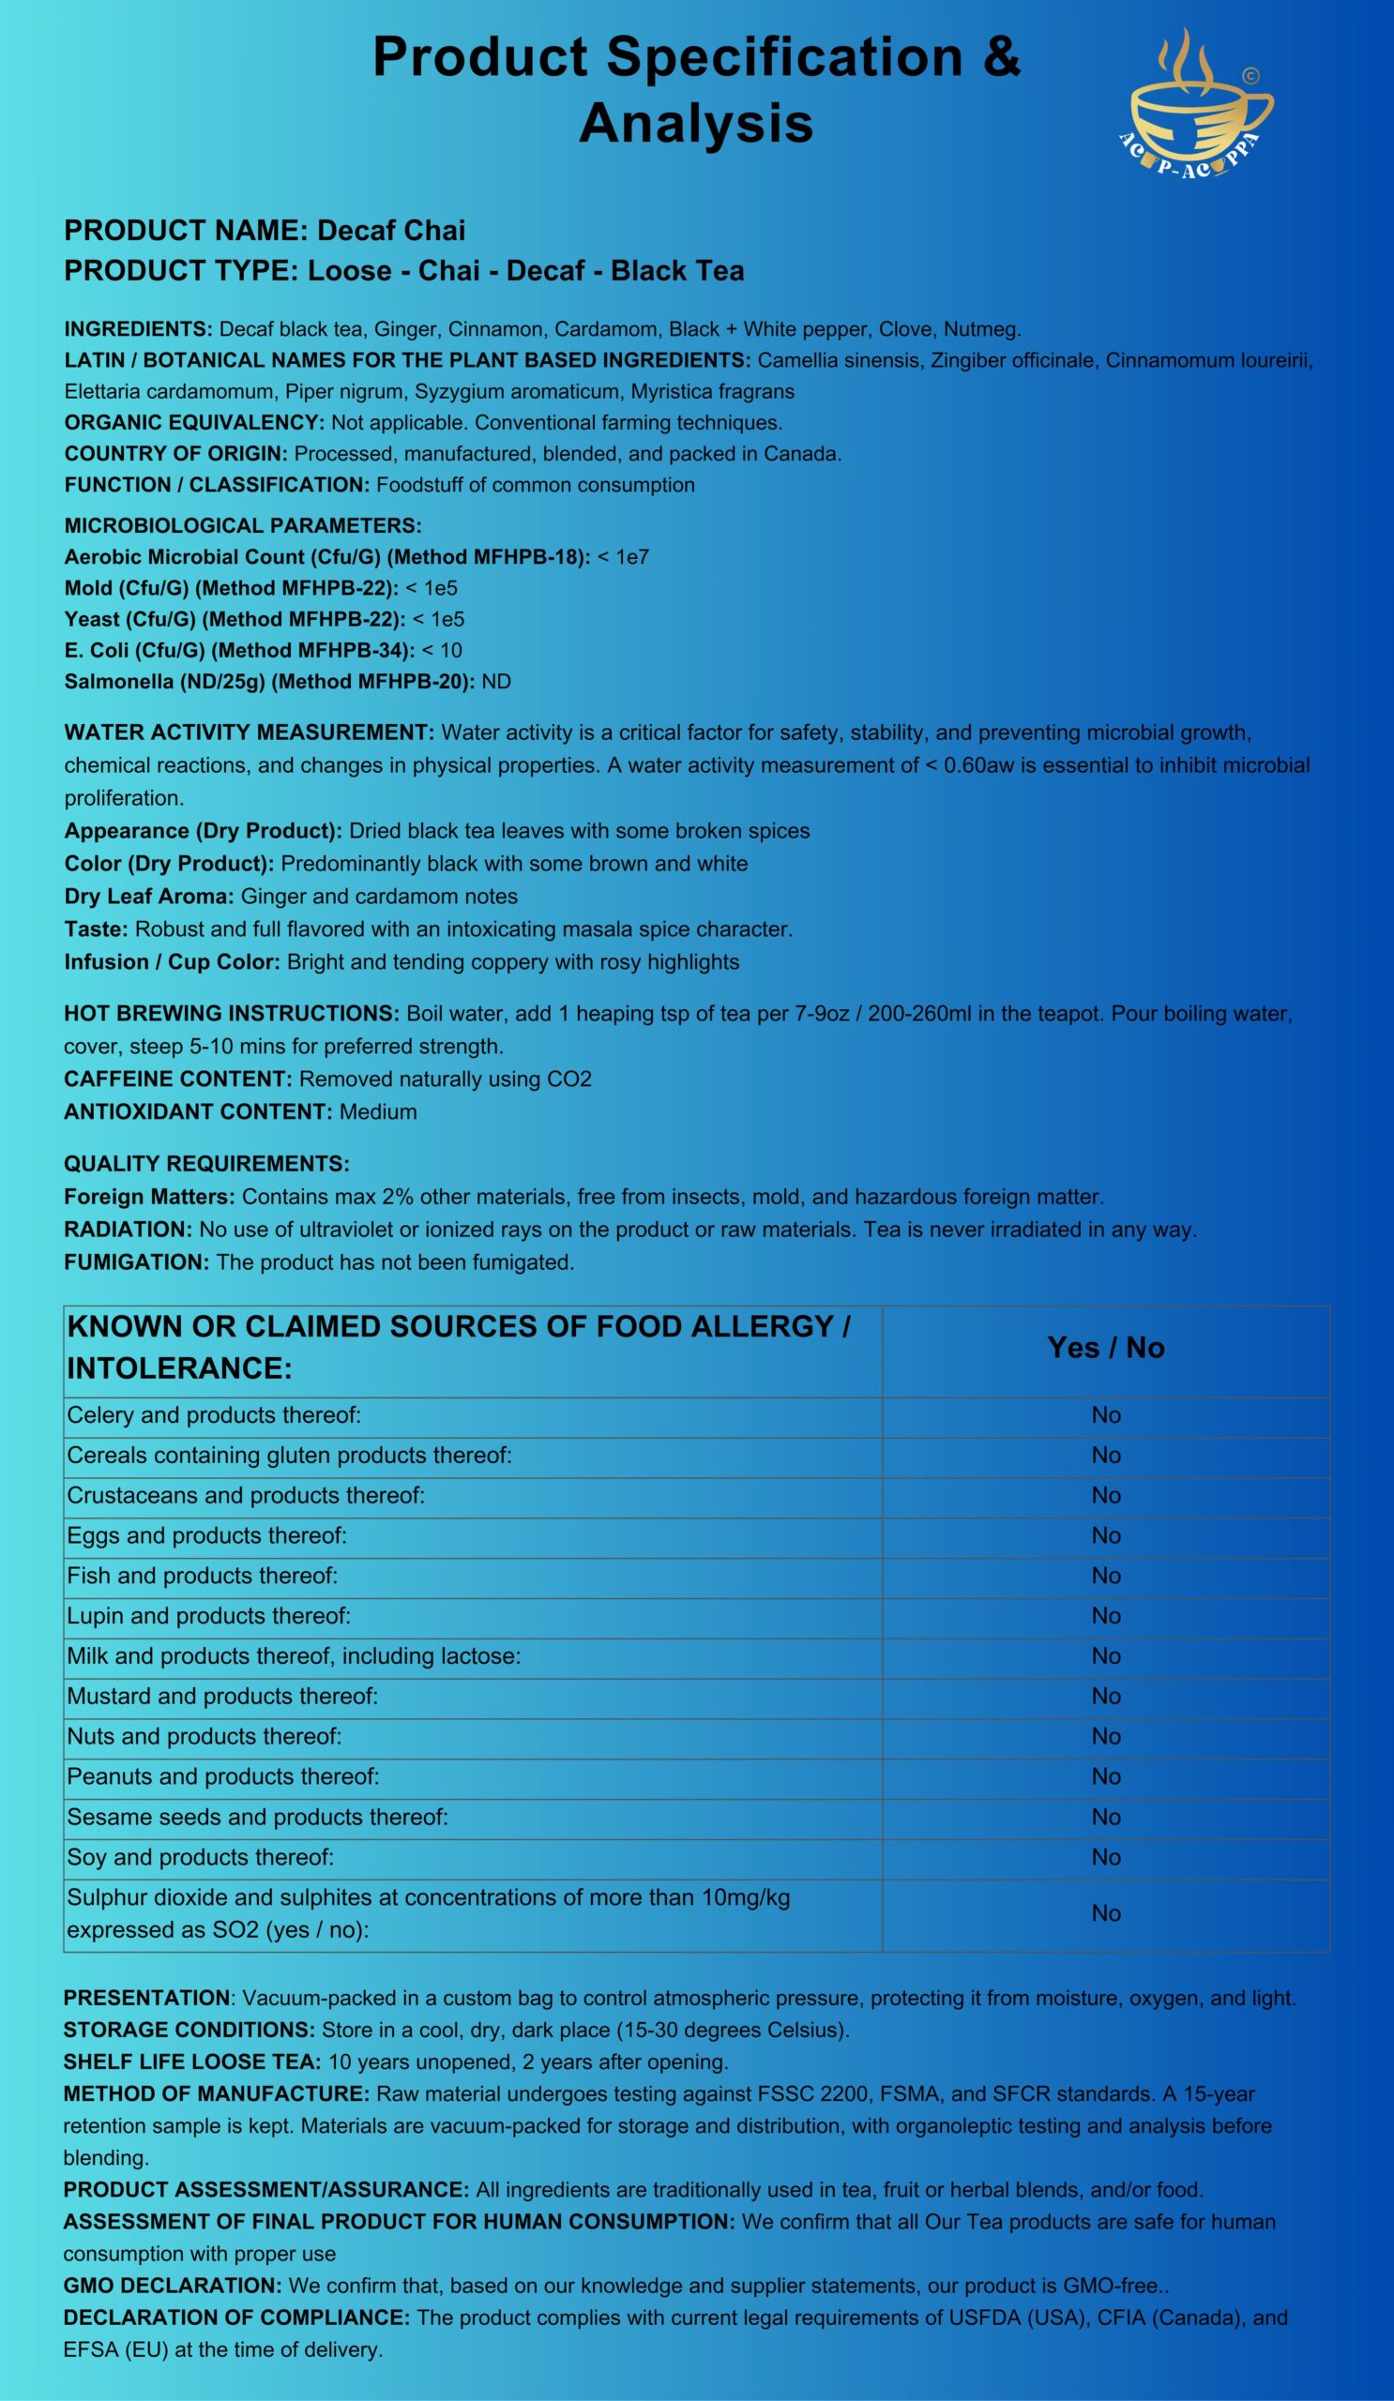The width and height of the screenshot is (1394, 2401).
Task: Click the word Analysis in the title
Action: point(695,124)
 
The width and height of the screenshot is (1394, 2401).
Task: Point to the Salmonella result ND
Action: point(496,681)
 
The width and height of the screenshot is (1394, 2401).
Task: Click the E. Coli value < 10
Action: point(442,650)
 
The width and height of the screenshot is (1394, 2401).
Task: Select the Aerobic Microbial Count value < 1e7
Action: point(623,556)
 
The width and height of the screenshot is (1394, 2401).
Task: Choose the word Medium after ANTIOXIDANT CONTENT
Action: point(378,1111)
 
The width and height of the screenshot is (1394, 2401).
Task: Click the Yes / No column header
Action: point(1105,1347)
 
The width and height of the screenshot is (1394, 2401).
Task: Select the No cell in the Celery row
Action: point(1105,1415)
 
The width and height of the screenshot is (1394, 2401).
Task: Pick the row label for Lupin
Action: point(208,1616)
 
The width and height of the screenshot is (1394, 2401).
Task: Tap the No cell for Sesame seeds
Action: point(1105,1817)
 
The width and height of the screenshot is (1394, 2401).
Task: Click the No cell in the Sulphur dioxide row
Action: point(1105,1913)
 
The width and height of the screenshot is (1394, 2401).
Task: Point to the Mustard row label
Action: point(222,1696)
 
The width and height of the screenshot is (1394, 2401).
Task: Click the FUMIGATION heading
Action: point(136,1262)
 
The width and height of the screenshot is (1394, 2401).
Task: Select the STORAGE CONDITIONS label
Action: point(189,2030)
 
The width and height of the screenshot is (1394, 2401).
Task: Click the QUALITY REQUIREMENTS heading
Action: point(206,1163)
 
